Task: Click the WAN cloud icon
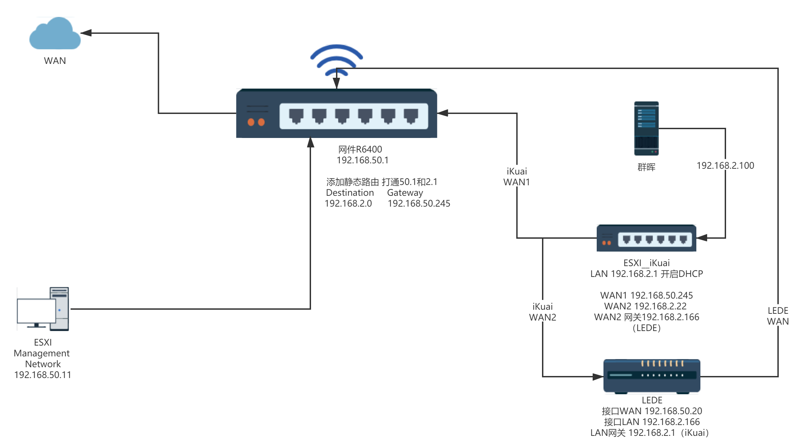55,34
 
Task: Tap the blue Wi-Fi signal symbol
336,60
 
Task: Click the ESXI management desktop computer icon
43,309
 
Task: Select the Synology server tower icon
646,128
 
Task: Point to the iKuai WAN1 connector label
517,176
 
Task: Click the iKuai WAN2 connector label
542,311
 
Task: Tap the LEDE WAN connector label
778,315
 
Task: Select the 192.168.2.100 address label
725,165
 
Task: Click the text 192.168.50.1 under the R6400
362,160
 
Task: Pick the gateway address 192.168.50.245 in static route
419,204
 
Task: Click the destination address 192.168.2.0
348,204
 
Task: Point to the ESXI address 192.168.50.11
43,375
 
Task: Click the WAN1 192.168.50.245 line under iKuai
646,296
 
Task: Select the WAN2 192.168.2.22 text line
645,306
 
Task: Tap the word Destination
350,193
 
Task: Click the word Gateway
405,193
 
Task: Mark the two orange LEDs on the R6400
256,122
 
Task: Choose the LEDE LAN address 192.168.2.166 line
652,422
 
